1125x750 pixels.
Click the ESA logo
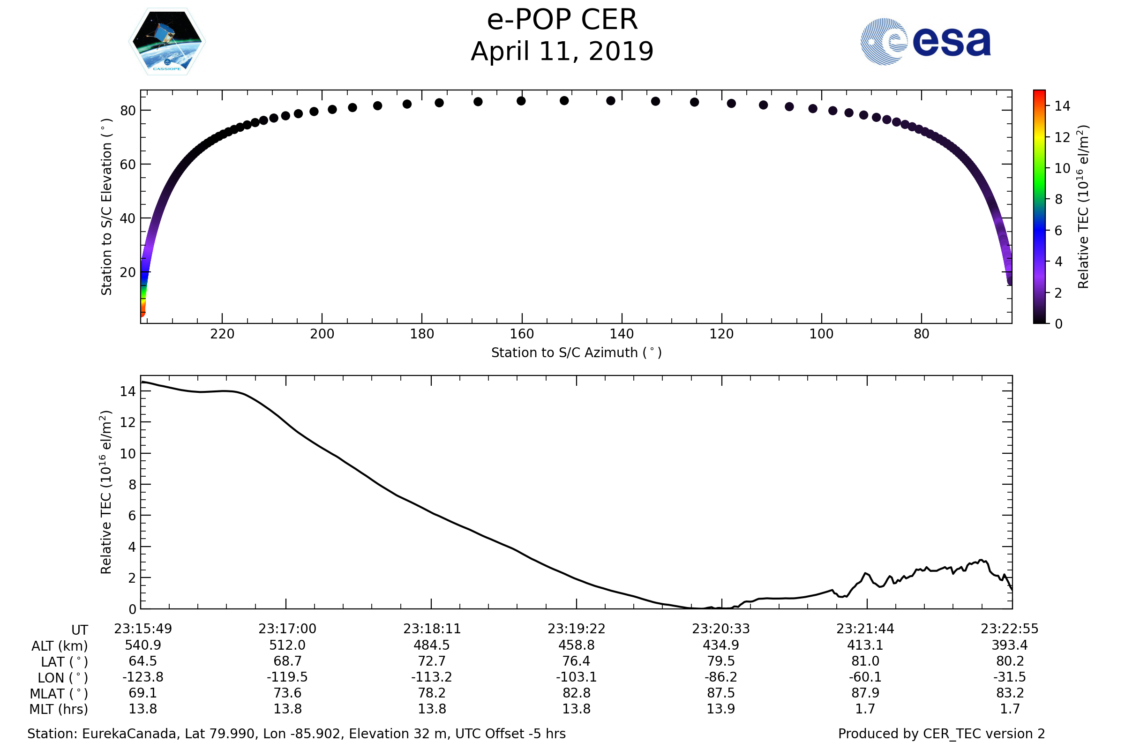click(925, 42)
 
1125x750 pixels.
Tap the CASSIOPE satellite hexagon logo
click(167, 42)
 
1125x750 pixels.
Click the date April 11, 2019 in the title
click(562, 52)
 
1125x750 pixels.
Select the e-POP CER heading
click(562, 20)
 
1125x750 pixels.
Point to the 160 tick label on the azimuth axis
click(522, 334)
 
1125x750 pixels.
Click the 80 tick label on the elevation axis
click(127, 111)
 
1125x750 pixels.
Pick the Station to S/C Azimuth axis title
click(577, 353)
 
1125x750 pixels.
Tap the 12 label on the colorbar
click(1062, 137)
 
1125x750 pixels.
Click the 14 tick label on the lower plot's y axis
click(127, 391)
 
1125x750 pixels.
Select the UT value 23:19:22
click(577, 629)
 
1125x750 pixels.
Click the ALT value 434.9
click(721, 645)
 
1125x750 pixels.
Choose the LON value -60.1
click(865, 677)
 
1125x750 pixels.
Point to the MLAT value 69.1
click(142, 693)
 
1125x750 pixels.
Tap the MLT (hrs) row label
click(59, 709)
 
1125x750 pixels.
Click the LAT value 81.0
click(865, 661)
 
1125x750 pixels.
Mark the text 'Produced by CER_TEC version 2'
click(941, 734)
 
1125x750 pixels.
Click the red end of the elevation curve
click(142, 312)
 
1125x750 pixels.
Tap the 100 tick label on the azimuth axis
click(821, 334)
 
